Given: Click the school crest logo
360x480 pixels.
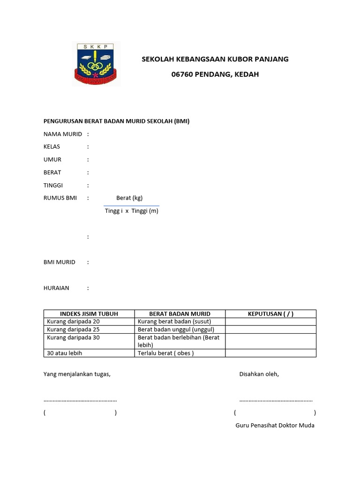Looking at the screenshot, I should click(x=96, y=64).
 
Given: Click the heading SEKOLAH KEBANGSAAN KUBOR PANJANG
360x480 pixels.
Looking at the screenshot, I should click(x=215, y=59).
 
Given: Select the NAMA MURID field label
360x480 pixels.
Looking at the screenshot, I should click(x=63, y=134).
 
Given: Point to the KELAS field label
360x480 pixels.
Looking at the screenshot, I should click(x=52, y=147).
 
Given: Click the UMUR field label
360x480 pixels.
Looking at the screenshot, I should click(x=52, y=159).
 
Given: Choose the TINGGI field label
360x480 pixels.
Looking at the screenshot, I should click(x=53, y=185).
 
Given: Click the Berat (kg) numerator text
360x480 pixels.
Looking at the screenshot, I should click(x=129, y=198).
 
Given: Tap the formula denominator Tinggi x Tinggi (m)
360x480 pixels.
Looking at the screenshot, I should click(x=132, y=211).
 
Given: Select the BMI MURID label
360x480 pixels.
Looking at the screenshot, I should click(x=60, y=262).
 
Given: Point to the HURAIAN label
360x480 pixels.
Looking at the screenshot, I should click(x=56, y=288).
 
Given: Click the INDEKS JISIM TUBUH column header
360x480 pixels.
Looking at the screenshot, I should click(x=89, y=314).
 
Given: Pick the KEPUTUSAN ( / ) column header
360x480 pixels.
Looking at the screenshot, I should click(x=270, y=314).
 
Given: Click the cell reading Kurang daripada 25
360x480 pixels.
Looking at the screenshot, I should click(x=74, y=330).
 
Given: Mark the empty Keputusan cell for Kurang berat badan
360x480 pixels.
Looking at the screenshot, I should click(x=270, y=322).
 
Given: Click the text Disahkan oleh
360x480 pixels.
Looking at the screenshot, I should click(x=259, y=374).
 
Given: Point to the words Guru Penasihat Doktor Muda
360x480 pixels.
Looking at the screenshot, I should click(x=275, y=425).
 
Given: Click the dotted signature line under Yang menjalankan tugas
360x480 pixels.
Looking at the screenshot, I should click(x=80, y=400).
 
